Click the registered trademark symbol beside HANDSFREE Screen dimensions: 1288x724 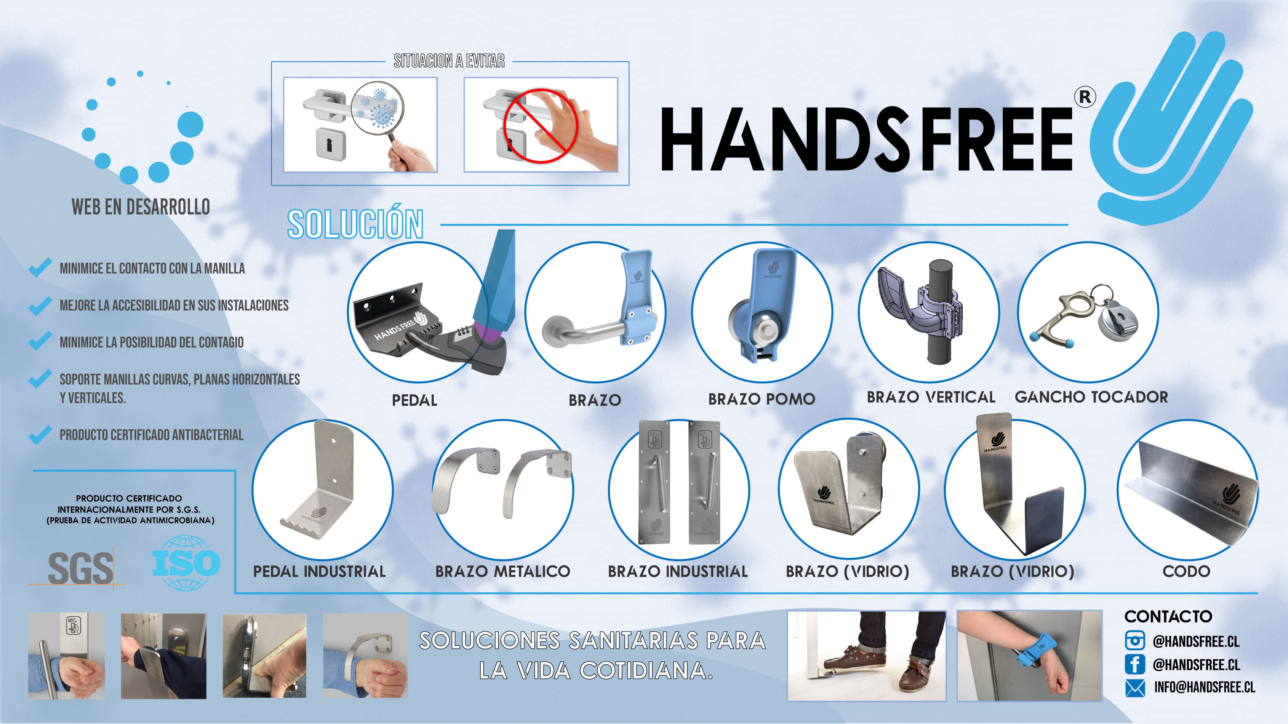1085,97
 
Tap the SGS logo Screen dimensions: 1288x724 80,568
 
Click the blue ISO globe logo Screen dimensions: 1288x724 186,563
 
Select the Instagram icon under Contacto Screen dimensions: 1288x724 1135,641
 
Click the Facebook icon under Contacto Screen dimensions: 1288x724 1135,664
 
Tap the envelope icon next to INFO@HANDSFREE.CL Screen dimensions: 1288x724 1135,688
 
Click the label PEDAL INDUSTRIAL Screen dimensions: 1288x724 320,571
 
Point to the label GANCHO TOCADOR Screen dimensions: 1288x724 1091,397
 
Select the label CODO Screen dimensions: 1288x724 1186,571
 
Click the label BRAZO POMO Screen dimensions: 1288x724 761,399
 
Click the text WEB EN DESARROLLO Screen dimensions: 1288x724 140,206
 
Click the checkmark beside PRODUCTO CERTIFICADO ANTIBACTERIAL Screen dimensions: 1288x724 40,435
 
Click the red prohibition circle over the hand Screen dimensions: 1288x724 540,126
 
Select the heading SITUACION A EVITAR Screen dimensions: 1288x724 449,61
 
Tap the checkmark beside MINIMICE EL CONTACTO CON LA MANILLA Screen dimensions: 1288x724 40,268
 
